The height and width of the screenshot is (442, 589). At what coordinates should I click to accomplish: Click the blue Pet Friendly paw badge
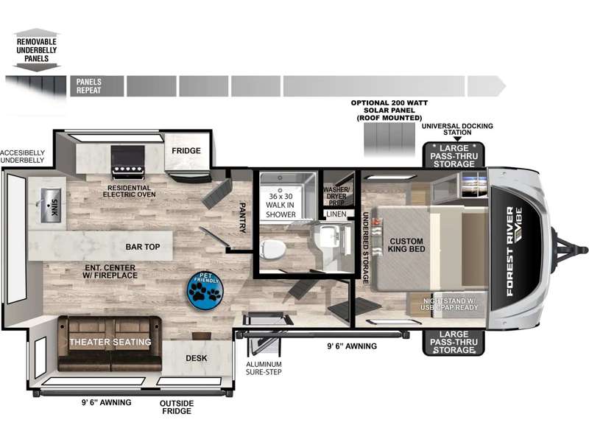(205, 290)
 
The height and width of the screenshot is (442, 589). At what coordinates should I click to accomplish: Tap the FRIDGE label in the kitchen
(186, 151)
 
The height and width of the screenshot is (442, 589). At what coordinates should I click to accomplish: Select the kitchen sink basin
(50, 206)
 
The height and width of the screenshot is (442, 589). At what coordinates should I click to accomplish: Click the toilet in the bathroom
(272, 249)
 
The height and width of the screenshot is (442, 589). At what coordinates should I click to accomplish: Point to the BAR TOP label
(143, 247)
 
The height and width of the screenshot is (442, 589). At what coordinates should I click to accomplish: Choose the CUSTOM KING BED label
(406, 245)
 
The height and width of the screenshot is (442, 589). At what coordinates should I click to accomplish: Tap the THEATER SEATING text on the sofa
(110, 342)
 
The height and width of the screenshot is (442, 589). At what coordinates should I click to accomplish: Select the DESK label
(196, 358)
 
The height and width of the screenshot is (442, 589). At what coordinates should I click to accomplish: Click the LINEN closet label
(336, 214)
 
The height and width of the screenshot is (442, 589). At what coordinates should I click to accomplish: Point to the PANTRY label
(242, 217)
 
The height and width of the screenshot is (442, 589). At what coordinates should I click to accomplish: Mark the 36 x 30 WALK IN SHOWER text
(281, 206)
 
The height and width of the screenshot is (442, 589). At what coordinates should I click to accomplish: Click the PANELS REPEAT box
(97, 86)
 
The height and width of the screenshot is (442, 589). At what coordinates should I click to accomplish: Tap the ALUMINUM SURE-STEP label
(264, 368)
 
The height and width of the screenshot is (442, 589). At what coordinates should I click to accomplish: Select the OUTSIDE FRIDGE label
(177, 407)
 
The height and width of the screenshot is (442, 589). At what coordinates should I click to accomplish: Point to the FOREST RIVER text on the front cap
(509, 251)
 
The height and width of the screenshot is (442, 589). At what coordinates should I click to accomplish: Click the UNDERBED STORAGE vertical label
(364, 248)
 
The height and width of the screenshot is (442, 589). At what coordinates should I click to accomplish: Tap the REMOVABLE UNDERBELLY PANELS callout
(36, 50)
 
